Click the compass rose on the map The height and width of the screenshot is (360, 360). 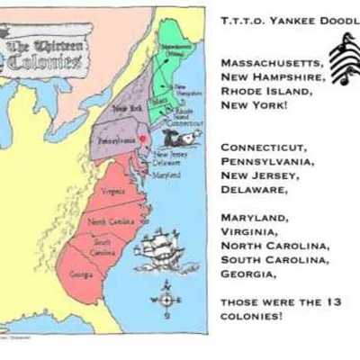click(x=166, y=301)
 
